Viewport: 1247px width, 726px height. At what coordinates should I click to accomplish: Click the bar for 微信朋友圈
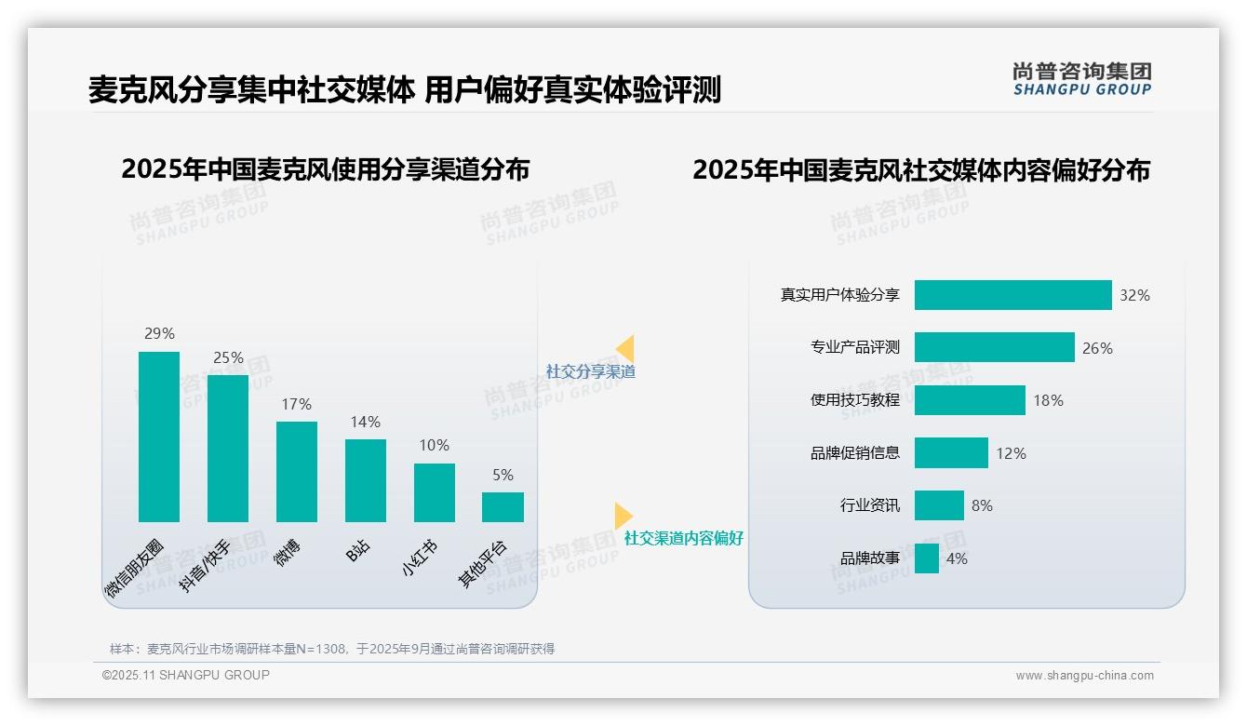click(159, 437)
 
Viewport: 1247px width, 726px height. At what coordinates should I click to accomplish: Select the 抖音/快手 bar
click(228, 449)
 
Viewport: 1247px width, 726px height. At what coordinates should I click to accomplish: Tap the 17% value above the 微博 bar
click(296, 405)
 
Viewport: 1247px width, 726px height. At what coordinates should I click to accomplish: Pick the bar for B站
click(365, 480)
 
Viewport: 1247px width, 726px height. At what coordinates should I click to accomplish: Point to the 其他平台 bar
click(503, 507)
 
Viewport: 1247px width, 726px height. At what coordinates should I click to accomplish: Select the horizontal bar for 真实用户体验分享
click(1012, 295)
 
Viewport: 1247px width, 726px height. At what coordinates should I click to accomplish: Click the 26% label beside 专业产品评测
click(1097, 348)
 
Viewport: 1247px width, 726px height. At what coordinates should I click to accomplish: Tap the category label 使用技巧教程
click(855, 400)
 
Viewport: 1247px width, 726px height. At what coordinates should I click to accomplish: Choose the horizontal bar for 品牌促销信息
click(951, 453)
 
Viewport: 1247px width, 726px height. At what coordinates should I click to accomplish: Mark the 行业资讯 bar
click(939, 505)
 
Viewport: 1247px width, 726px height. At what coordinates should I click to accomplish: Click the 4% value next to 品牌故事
click(957, 558)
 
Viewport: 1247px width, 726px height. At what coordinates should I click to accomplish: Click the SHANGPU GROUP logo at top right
click(1081, 79)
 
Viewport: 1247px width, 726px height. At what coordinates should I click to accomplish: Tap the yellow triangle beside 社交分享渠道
click(625, 349)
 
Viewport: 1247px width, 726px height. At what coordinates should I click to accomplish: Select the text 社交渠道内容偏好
click(684, 538)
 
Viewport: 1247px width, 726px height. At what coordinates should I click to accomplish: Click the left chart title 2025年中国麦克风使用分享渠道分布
click(325, 169)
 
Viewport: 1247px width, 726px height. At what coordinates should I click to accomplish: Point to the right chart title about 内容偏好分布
click(921, 169)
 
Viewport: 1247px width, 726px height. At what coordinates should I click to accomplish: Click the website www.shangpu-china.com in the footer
click(1084, 676)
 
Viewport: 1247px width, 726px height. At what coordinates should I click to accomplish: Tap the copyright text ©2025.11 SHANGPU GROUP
click(186, 675)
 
